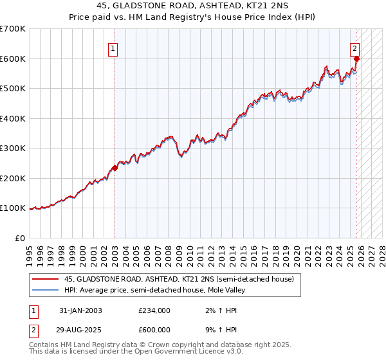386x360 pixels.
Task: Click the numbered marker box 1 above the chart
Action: tap(113, 48)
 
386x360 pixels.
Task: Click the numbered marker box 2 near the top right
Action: tap(354, 48)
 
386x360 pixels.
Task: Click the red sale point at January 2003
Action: tap(115, 168)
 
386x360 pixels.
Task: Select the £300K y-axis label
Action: tap(13, 148)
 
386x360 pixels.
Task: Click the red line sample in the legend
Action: tap(45, 280)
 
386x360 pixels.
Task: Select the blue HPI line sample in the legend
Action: tap(45, 291)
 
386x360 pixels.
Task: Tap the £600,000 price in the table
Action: tap(154, 330)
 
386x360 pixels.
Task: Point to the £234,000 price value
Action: tap(154, 310)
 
